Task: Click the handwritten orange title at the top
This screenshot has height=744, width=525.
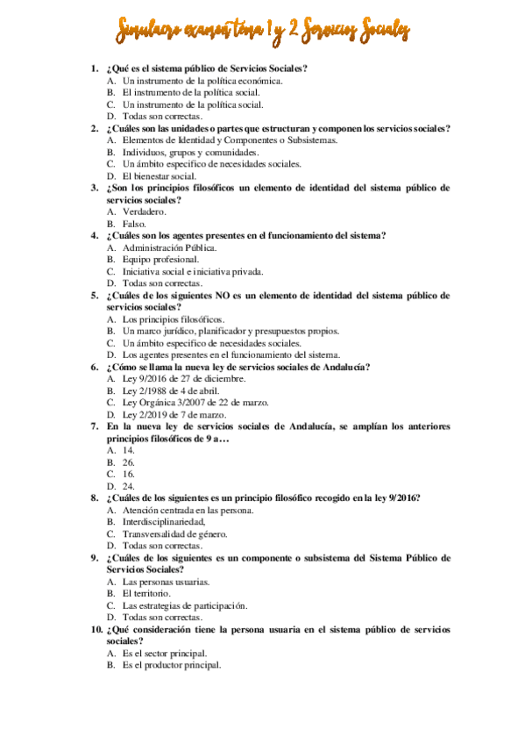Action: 262,32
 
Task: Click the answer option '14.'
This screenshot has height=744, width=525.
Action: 128,450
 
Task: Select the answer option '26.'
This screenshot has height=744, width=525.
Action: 128,461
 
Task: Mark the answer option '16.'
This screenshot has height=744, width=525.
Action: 128,474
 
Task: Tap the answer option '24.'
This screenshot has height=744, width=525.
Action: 128,486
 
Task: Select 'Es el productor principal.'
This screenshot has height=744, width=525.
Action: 172,665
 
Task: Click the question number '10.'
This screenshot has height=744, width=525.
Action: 96,630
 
